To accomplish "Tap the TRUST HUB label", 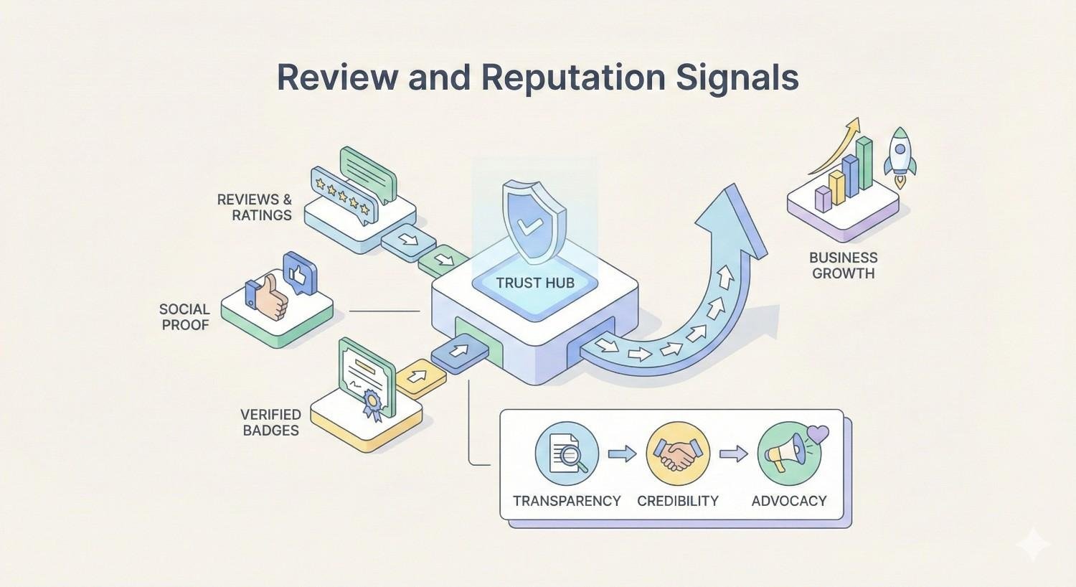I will click(535, 283).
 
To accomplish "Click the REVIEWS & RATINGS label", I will click(255, 207).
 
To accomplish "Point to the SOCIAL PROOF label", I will click(184, 317).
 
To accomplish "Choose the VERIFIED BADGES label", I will click(270, 423).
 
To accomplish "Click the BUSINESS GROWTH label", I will click(843, 266).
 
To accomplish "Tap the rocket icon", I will click(900, 152).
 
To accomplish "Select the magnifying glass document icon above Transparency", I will click(567, 454).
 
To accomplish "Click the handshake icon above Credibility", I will click(678, 454).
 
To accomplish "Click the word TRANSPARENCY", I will click(567, 501).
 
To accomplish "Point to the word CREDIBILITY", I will click(678, 501).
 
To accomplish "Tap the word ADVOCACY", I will click(789, 501).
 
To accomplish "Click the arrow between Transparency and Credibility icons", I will click(622, 454).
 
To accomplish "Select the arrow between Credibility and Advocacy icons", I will click(733, 454).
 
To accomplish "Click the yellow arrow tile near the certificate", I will click(420, 377).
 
